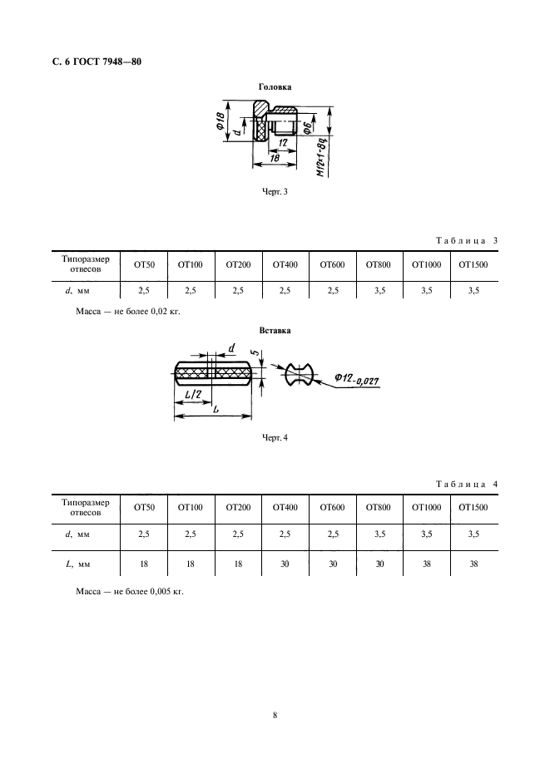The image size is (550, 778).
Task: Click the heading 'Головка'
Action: pyautogui.click(x=275, y=86)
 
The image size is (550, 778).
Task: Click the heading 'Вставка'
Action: pyautogui.click(x=275, y=330)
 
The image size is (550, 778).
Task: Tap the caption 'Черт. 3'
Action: pyautogui.click(x=275, y=192)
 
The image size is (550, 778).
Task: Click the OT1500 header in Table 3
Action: pyautogui.click(x=473, y=265)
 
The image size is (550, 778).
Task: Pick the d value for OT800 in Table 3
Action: pyautogui.click(x=379, y=290)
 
